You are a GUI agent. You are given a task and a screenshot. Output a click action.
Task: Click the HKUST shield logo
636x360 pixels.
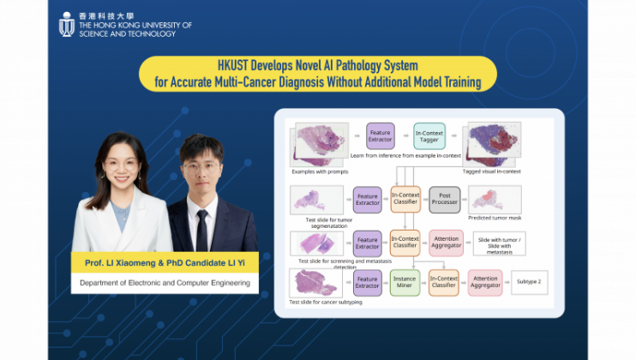(x=66, y=25)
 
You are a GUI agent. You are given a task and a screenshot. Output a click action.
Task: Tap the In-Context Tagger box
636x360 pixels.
(x=429, y=135)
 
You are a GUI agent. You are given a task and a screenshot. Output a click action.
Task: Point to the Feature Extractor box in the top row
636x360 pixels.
(x=380, y=135)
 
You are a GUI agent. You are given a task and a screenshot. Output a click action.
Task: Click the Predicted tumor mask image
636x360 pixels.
(x=495, y=198)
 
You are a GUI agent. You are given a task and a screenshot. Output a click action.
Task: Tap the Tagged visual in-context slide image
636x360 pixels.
(x=491, y=140)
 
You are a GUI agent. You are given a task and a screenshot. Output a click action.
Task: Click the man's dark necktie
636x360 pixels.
(x=201, y=228)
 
